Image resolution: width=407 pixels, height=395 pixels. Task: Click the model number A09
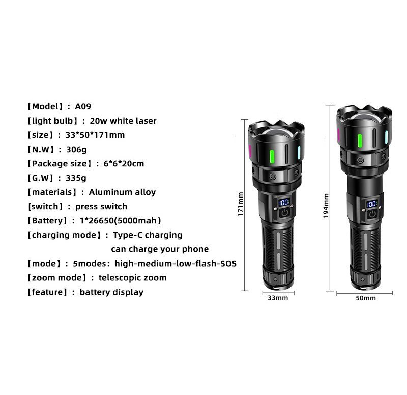83,107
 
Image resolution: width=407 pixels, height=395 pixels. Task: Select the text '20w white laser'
123,121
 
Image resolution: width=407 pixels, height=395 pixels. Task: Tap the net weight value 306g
76,150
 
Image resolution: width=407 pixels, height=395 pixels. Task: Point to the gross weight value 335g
76,178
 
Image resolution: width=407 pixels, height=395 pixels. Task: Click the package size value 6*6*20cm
124,164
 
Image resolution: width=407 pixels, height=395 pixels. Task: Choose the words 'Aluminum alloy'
122,192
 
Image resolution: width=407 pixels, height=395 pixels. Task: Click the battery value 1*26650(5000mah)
121,221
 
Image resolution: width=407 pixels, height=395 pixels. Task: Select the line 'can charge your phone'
160,249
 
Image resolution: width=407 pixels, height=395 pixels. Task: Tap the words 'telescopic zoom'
133,278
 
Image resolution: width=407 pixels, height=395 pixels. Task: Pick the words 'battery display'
111,292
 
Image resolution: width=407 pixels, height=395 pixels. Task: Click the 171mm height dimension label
241,204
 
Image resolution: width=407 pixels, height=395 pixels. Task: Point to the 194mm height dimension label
326,206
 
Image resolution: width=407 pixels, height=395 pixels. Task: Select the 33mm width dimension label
278,298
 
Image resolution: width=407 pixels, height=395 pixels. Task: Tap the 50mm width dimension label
366,298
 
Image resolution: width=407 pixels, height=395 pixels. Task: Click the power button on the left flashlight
285,213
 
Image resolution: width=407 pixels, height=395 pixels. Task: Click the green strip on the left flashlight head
272,156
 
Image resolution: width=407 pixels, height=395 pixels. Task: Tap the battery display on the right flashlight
372,204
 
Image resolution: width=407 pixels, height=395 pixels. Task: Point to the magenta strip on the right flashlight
338,135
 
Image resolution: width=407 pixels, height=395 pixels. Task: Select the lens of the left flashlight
276,132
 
